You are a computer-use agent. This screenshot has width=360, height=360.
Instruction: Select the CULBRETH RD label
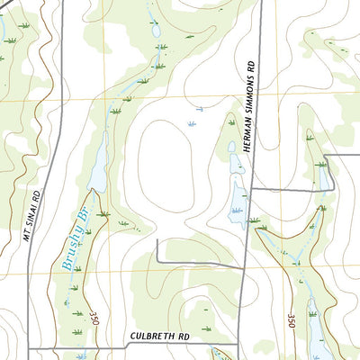[161, 336]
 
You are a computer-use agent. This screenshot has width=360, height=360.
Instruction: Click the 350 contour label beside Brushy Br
[93, 320]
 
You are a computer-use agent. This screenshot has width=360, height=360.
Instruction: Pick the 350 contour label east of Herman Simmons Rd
[292, 320]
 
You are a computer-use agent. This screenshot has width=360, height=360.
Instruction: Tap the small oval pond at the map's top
[156, 31]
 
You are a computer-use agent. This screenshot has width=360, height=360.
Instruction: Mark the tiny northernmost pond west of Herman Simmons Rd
[230, 148]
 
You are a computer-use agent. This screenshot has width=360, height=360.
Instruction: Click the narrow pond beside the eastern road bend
[323, 175]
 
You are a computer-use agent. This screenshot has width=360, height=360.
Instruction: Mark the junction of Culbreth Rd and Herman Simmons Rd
[239, 346]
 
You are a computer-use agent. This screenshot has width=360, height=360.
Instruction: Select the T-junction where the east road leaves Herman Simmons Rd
[252, 189]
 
